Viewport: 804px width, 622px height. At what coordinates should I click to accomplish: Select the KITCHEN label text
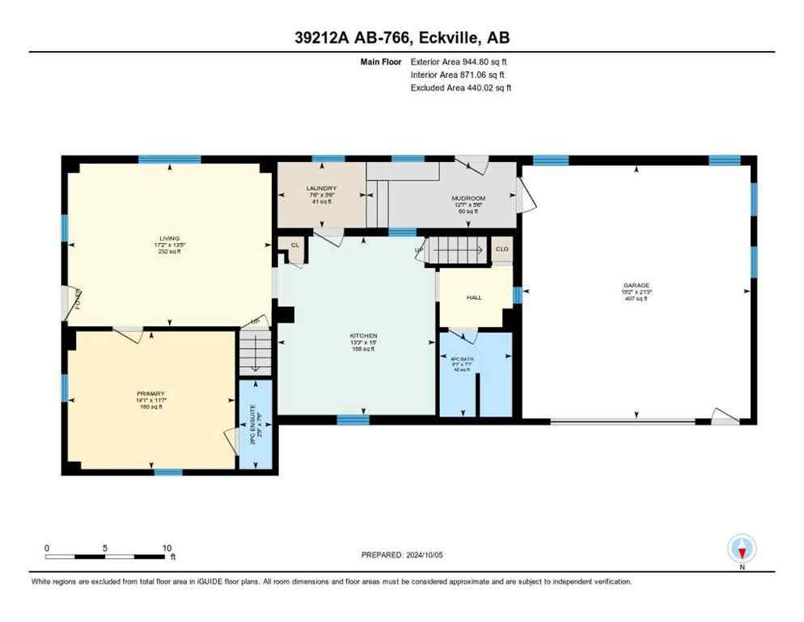(363, 335)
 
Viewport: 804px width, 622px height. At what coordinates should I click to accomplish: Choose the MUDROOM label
(468, 198)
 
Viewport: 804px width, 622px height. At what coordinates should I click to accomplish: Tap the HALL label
(474, 297)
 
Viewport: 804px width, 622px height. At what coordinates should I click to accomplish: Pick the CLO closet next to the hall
(501, 249)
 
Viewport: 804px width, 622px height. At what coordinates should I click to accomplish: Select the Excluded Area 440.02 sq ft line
(460, 87)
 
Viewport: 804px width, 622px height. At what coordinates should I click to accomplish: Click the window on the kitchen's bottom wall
(353, 419)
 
